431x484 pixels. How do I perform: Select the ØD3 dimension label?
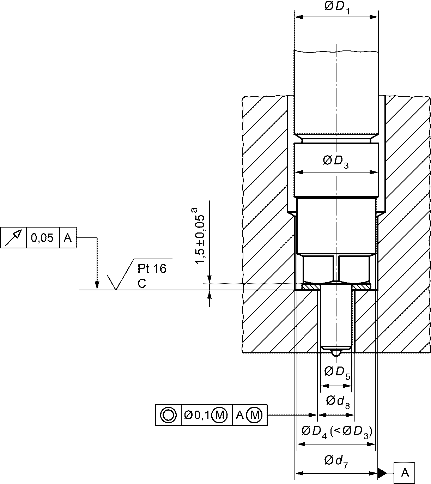click(x=336, y=162)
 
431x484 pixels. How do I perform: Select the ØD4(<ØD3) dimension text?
click(x=337, y=432)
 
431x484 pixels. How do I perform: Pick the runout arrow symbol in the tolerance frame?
click(x=13, y=237)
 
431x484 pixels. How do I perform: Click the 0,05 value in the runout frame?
click(x=42, y=238)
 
